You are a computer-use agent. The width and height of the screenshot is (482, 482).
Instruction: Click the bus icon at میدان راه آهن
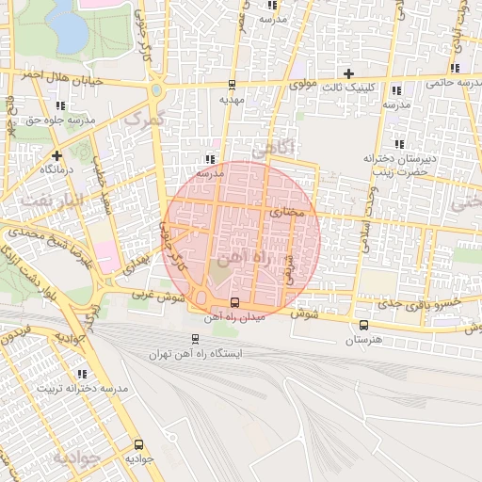[x=234, y=303]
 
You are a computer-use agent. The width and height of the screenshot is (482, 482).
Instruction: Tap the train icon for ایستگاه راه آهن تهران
[x=195, y=338]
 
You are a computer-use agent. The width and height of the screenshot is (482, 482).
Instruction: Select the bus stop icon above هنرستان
[x=363, y=325]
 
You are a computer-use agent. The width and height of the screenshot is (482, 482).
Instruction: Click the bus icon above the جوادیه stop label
[x=138, y=444]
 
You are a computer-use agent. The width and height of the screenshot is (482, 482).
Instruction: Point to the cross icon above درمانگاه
[x=57, y=154]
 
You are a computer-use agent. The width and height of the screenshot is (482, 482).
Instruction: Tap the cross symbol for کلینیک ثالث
[x=349, y=72]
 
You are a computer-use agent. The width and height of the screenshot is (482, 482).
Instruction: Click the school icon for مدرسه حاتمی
[x=456, y=68]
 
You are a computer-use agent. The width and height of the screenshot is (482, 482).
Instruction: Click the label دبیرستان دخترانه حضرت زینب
[x=402, y=165]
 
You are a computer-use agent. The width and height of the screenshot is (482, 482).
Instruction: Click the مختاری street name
[x=288, y=214]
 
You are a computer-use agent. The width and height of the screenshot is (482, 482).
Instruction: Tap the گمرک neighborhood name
[x=143, y=120]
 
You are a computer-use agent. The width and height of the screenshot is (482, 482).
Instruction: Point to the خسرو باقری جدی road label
[x=410, y=305]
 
